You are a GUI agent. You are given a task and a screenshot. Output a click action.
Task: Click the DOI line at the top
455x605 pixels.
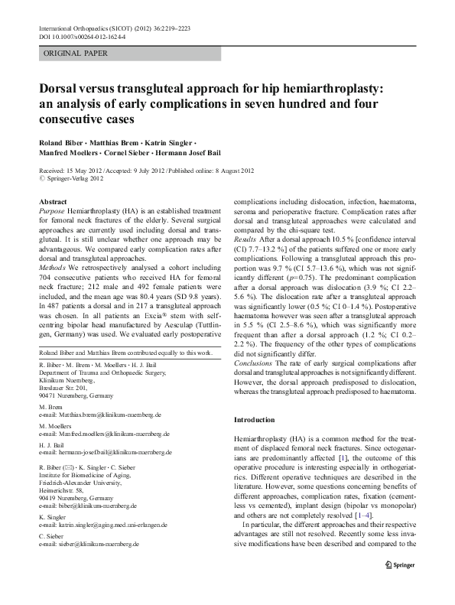(x=82, y=36)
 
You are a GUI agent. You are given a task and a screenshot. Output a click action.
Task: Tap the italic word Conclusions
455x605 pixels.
(x=253, y=363)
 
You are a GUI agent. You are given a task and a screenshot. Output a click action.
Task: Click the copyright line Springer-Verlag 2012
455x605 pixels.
(x=75, y=181)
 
